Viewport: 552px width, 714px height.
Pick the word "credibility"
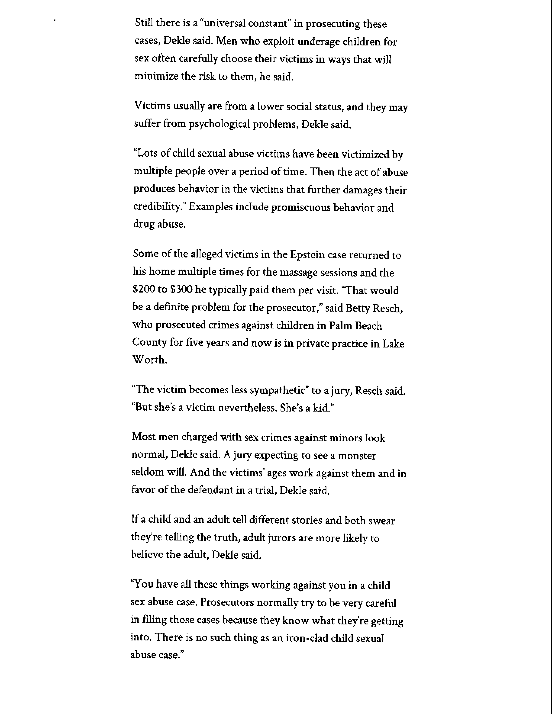click(159, 207)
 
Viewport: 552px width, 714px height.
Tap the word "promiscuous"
click(301, 207)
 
